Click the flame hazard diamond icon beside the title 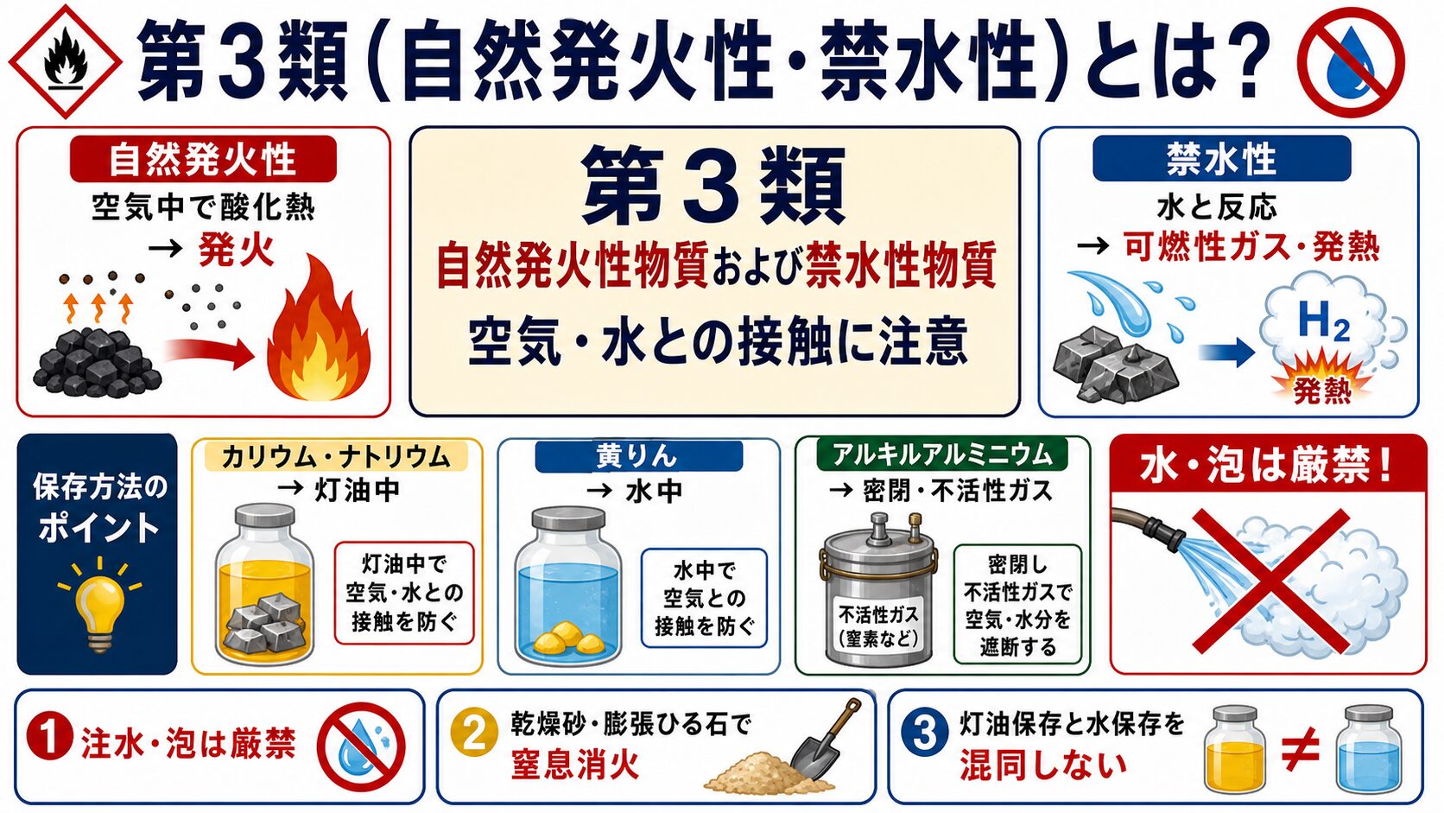tap(65, 61)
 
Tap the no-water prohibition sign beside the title tap(1351, 62)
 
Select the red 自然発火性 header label tap(203, 159)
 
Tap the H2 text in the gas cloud tap(1324, 321)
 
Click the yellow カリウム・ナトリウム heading tap(336, 456)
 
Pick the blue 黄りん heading tap(639, 456)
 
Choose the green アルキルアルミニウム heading tap(942, 455)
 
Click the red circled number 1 tap(49, 739)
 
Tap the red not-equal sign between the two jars tap(1301, 750)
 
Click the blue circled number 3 tap(924, 733)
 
